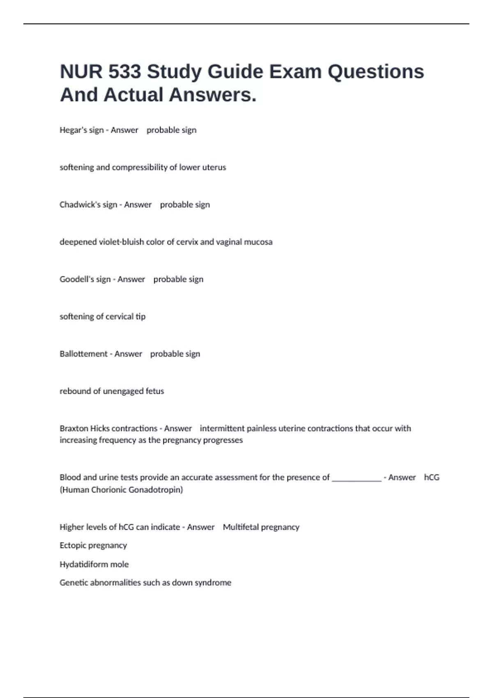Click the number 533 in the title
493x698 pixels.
(x=124, y=71)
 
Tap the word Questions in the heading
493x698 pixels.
(x=376, y=71)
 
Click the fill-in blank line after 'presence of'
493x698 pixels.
(x=356, y=478)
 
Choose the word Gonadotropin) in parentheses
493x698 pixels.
(x=159, y=490)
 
